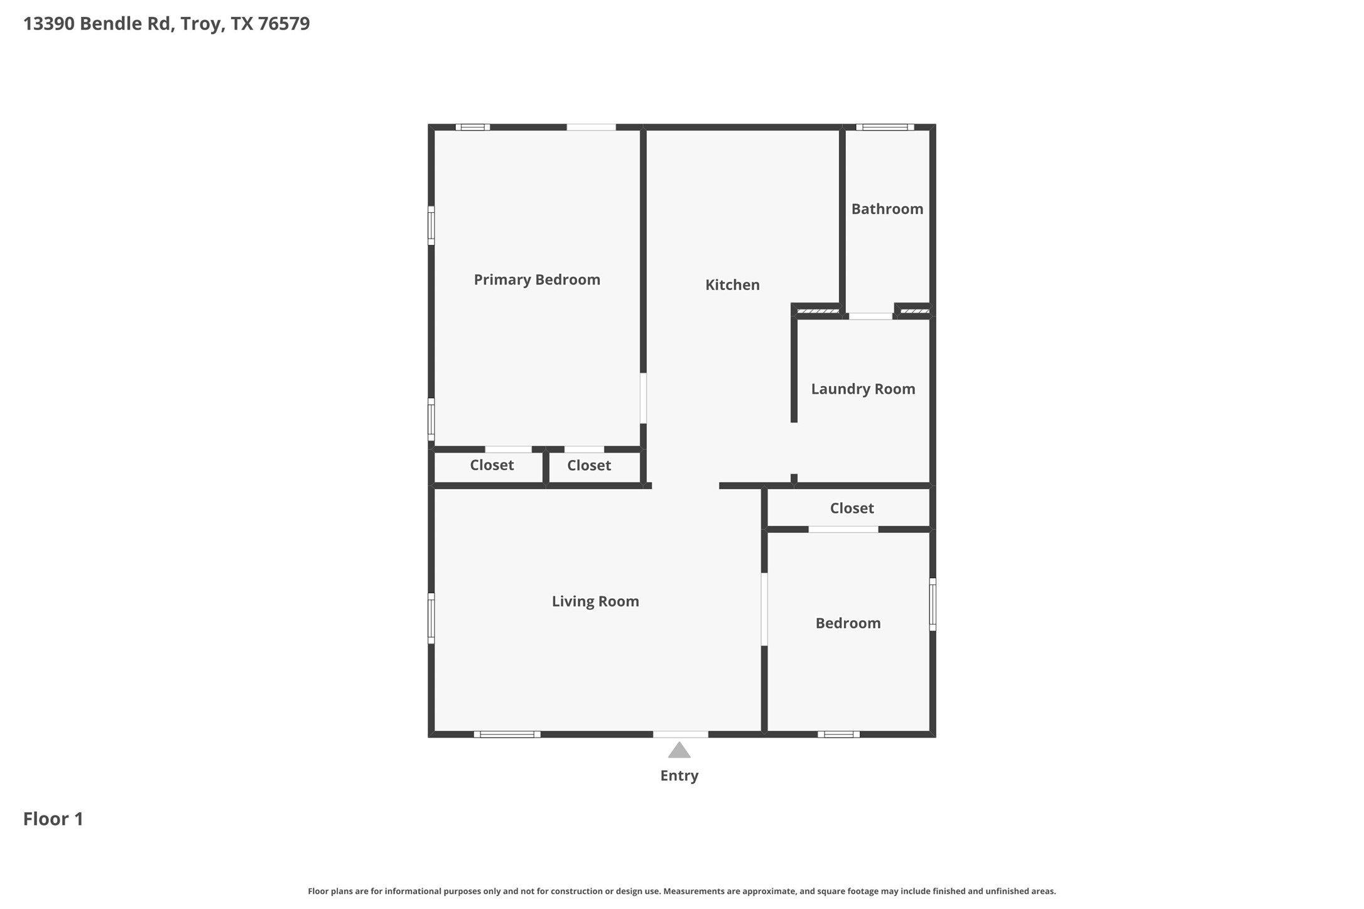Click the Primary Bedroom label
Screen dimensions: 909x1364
point(537,280)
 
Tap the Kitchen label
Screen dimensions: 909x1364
point(732,285)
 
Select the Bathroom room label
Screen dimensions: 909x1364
point(887,209)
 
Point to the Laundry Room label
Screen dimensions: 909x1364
point(863,389)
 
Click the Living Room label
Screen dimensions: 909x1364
point(595,601)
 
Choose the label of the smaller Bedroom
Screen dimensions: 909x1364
point(848,623)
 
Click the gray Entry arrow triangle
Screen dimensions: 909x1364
point(679,751)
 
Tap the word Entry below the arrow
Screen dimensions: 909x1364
point(679,776)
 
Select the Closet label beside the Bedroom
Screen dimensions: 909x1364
point(852,508)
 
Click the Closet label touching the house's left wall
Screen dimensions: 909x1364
point(492,465)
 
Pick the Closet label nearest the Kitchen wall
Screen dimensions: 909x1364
point(588,466)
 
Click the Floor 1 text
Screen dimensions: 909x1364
point(53,819)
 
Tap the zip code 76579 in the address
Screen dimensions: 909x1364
point(284,24)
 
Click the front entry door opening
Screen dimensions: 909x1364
point(680,734)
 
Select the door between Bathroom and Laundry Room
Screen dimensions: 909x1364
point(870,316)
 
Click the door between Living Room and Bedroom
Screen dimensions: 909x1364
point(764,609)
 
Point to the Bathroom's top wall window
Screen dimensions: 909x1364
point(885,127)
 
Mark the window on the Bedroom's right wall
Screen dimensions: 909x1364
point(933,604)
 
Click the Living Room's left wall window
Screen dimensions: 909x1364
point(431,618)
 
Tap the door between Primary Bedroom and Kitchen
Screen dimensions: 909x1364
point(643,399)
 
